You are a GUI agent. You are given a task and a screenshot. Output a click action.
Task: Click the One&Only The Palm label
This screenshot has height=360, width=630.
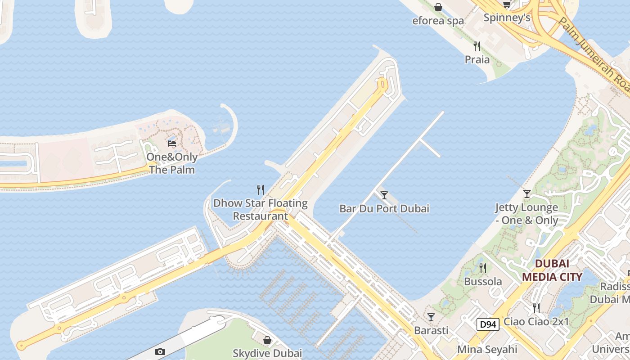point(172,163)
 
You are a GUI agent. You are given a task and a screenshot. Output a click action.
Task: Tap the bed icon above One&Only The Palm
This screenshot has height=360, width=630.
point(172,144)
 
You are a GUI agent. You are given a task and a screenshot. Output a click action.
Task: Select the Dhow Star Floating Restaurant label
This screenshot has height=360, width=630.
point(260,209)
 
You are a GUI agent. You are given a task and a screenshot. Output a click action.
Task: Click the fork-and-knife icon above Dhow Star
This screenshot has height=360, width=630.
point(260,189)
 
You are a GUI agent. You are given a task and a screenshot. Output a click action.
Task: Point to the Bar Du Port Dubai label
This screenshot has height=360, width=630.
point(384,208)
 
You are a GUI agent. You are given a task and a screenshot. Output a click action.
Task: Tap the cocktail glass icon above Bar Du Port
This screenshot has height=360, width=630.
point(384,195)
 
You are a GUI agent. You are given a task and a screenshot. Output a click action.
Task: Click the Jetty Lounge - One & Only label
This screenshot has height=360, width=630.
point(526,214)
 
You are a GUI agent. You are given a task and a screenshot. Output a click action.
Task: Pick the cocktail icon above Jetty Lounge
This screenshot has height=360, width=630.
point(527,194)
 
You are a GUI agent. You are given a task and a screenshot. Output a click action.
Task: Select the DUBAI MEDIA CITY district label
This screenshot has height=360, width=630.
point(552,270)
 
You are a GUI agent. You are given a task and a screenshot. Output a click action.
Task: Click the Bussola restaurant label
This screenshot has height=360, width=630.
point(483,282)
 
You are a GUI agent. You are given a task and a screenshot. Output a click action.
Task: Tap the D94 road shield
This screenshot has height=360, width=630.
point(488,324)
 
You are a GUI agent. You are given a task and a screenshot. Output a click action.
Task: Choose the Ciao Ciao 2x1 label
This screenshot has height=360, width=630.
point(536,322)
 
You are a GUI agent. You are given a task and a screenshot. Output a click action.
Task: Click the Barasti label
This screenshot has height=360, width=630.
point(431,330)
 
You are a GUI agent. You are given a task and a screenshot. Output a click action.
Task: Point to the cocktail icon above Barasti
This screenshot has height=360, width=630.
point(431,317)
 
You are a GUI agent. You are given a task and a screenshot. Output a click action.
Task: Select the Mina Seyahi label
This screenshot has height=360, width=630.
point(487,350)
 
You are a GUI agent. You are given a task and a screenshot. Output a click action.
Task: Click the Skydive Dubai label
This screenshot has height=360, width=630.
point(267,353)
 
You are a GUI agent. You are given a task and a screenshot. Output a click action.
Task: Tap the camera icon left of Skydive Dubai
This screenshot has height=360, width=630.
point(160,352)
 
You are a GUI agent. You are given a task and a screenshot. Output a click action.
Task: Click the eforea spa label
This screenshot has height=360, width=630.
point(438,21)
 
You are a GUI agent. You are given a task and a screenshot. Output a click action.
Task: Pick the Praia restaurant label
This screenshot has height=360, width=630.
point(477,59)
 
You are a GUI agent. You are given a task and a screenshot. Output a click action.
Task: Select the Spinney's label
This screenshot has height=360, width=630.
point(507,18)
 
